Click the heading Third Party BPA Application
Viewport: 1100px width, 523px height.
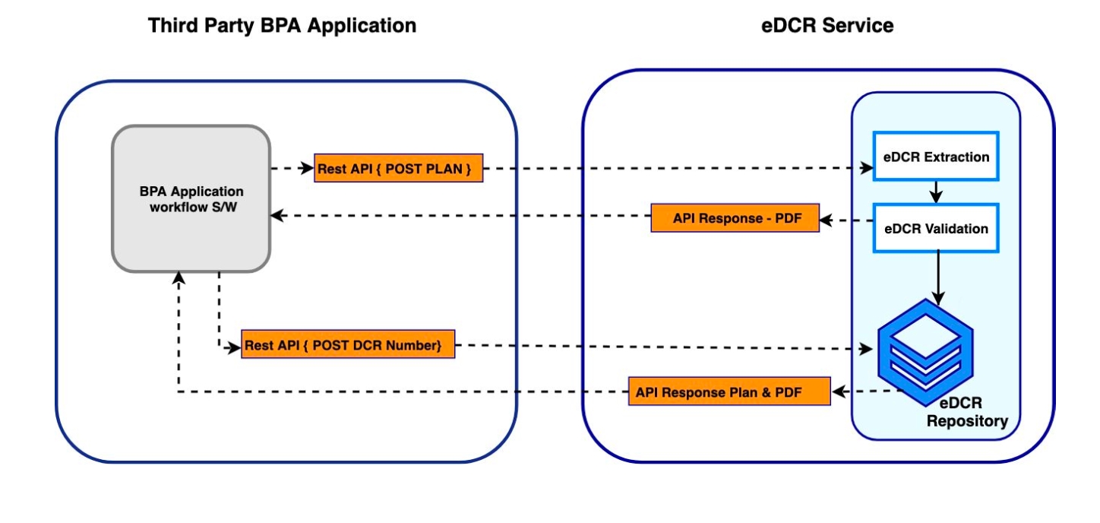click(x=282, y=26)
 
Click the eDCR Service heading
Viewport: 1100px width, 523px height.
click(x=827, y=26)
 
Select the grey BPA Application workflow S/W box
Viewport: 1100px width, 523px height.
click(x=191, y=198)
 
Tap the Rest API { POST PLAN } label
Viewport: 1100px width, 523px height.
click(x=399, y=169)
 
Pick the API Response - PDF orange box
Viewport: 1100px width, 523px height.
click(x=735, y=218)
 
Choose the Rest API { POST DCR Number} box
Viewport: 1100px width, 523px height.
click(x=348, y=345)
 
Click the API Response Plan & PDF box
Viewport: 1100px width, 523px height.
click(x=729, y=392)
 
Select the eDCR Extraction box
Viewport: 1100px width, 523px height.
click(x=936, y=157)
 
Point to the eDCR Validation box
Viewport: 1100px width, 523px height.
click(x=936, y=228)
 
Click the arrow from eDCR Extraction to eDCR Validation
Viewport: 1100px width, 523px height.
click(x=936, y=192)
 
